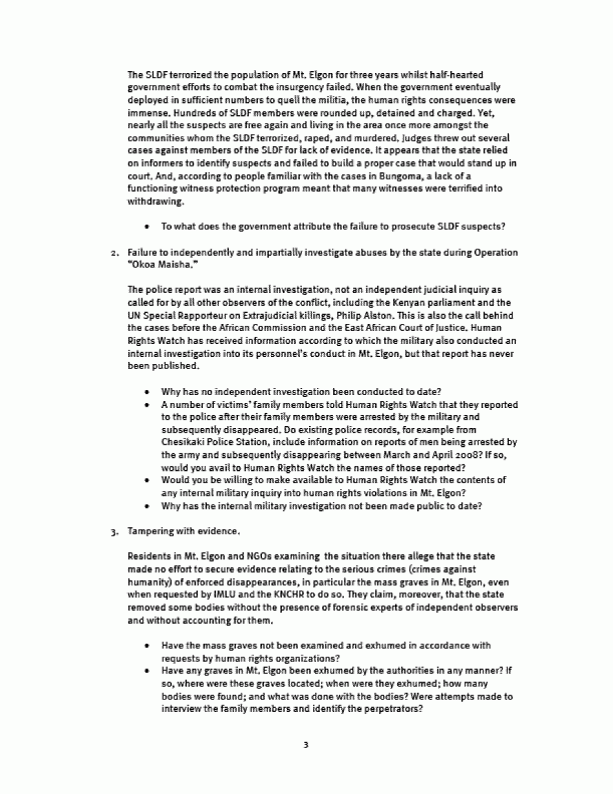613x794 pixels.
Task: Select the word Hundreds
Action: (x=148, y=113)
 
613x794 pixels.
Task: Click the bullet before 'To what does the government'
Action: (x=148, y=226)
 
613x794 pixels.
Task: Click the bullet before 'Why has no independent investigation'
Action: (x=148, y=392)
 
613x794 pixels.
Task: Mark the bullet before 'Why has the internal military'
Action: (x=148, y=505)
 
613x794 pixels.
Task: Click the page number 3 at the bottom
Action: (x=306, y=745)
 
